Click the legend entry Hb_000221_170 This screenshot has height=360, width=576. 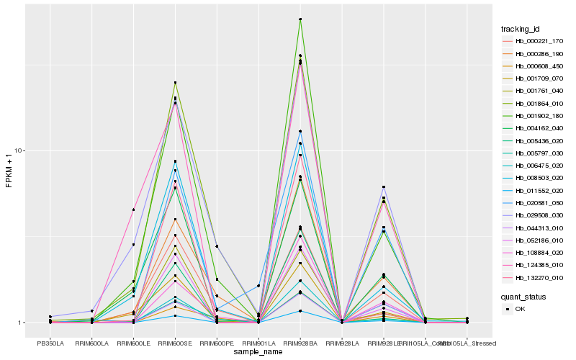coord(534,42)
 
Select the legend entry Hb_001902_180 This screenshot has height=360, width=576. coord(534,116)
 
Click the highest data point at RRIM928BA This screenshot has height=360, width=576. coord(300,19)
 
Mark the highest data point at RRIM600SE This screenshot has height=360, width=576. coord(175,83)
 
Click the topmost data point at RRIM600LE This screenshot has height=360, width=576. coord(133,210)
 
